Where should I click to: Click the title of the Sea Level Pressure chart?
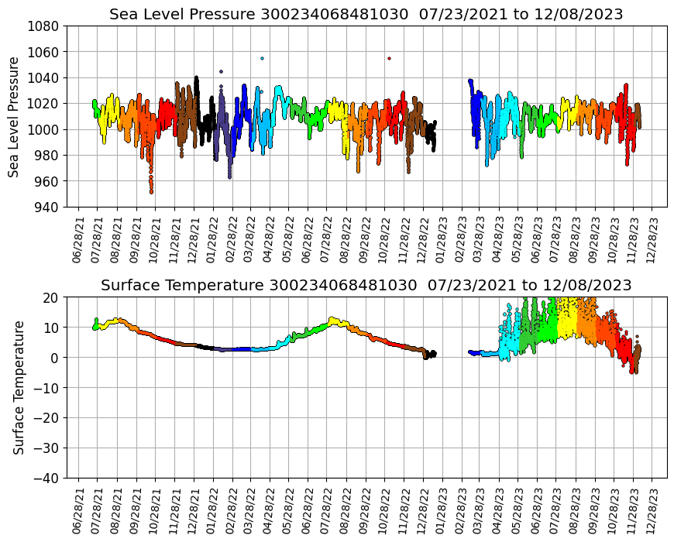pyautogui.click(x=366, y=15)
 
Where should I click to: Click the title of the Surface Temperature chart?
pyautogui.click(x=366, y=286)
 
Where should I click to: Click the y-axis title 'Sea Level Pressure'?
pyautogui.click(x=15, y=116)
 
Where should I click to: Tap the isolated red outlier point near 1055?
pyautogui.click(x=389, y=58)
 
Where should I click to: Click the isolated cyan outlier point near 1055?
pyautogui.click(x=262, y=58)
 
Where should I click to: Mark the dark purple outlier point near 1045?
pyautogui.click(x=221, y=71)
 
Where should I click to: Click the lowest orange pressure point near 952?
pyautogui.click(x=151, y=191)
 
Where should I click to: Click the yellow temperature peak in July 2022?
pyautogui.click(x=332, y=318)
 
